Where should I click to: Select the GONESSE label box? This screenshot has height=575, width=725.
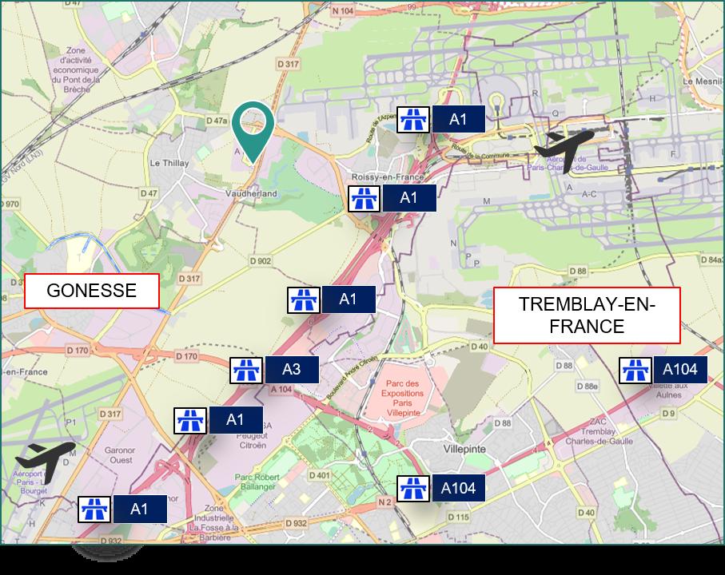92,291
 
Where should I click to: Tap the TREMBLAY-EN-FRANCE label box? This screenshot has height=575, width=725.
587,315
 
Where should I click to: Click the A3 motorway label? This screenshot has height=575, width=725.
292,370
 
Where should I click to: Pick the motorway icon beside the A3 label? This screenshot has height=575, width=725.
246,370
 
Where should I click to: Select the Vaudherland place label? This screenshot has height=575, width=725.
252,193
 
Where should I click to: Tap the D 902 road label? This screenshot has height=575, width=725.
260,260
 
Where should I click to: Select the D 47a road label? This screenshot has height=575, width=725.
217,121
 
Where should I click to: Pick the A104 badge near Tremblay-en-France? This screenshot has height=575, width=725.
680,370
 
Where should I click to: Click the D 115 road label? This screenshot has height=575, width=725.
458,517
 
